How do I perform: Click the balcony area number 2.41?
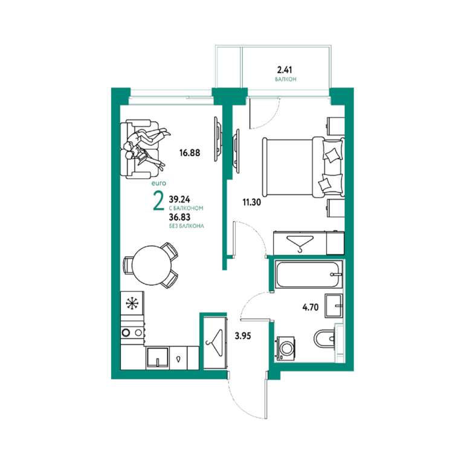[285, 70]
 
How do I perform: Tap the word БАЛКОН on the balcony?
[286, 79]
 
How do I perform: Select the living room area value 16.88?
[190, 153]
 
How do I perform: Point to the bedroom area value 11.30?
[251, 202]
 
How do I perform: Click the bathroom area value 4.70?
[311, 307]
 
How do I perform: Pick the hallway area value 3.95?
[243, 336]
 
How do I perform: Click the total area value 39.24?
[179, 199]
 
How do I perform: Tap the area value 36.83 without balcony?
[179, 217]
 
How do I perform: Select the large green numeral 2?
[159, 201]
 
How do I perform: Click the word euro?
[159, 184]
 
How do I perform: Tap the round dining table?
[152, 265]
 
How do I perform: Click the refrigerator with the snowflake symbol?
[132, 303]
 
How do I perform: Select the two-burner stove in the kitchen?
[132, 333]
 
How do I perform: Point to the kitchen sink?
[158, 358]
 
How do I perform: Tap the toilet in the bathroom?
[324, 338]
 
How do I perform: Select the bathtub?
[308, 274]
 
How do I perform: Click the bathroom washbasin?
[333, 305]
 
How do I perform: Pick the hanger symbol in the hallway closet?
[215, 343]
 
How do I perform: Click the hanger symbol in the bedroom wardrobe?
[300, 243]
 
